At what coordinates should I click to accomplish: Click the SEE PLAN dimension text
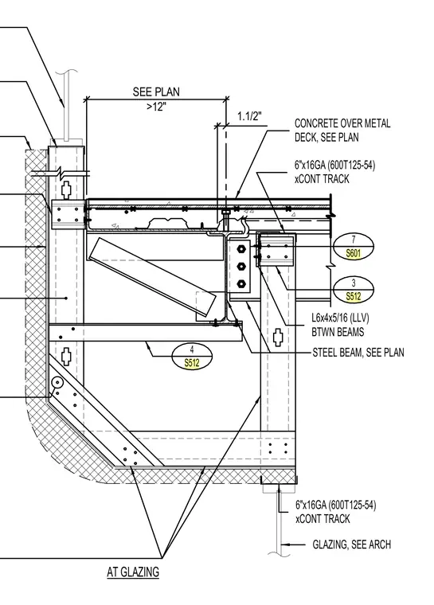coord(156,92)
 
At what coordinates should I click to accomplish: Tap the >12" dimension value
coord(156,107)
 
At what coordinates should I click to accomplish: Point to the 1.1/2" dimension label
coord(249,115)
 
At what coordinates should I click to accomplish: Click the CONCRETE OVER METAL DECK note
coord(342,130)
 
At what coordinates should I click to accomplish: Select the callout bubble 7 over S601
coord(354,246)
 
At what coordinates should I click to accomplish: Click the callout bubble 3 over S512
coord(354,290)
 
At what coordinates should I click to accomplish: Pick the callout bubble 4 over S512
coord(192,356)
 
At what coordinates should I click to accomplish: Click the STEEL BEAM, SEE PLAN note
coord(358,353)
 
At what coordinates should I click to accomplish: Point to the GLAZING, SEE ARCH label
coord(351,544)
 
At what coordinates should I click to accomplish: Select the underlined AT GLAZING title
coord(133,572)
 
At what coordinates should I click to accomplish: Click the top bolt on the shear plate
coord(242,248)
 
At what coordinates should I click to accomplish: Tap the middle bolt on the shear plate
coord(242,266)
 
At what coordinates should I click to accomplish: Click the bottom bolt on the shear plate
coord(242,284)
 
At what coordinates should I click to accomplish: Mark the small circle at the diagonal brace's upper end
coord(57,383)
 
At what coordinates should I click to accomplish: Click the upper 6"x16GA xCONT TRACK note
coord(334,172)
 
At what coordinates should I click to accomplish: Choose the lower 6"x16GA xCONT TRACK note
coord(335,512)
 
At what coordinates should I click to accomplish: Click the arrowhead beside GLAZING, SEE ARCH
coord(284,544)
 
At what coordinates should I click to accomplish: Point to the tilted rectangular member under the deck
coord(152,277)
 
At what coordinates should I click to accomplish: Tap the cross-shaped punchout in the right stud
coord(278,338)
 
